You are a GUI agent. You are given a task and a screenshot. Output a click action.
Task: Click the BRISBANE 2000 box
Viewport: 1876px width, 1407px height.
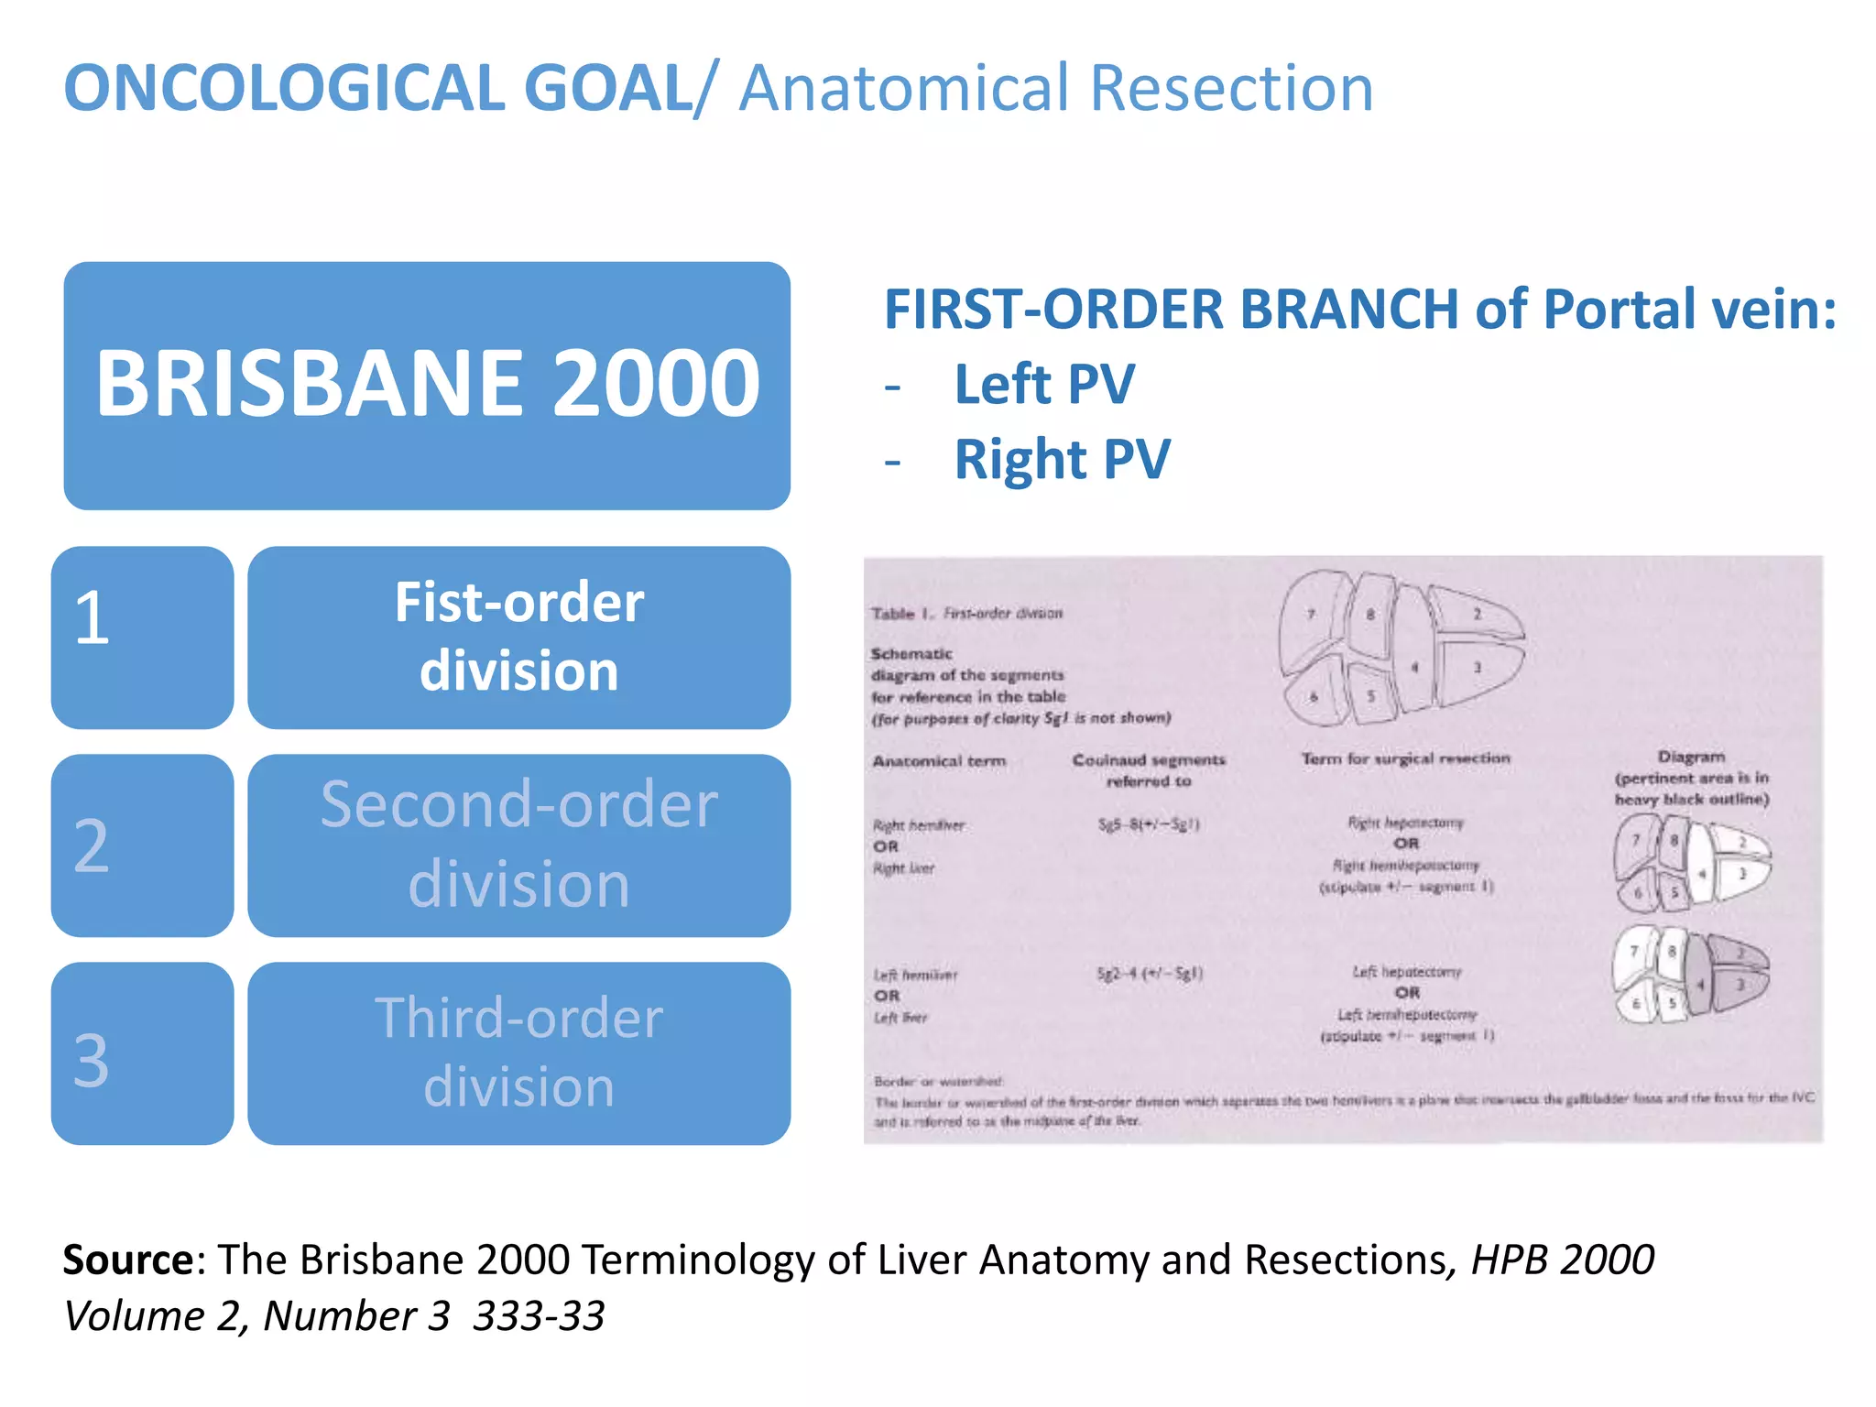click(427, 386)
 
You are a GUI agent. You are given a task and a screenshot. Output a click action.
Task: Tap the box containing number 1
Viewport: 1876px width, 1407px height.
click(142, 638)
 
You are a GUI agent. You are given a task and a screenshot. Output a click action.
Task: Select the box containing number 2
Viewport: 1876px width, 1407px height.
click(142, 845)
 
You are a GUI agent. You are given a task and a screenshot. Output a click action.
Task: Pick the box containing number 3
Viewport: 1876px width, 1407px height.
click(142, 1053)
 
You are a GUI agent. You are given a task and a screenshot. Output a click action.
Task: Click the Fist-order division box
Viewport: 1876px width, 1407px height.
click(518, 638)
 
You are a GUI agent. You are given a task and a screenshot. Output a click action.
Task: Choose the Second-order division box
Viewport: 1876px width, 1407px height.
click(518, 845)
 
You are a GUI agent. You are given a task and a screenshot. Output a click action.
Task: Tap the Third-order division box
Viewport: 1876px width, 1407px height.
click(518, 1053)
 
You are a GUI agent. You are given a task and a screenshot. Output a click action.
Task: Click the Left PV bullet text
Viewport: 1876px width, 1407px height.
click(1044, 384)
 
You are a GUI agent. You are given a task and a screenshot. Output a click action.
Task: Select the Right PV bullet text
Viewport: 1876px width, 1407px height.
click(1062, 459)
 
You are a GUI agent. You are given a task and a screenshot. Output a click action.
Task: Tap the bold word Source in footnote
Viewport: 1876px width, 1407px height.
click(127, 1260)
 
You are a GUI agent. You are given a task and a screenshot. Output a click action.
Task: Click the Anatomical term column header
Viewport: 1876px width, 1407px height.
click(939, 761)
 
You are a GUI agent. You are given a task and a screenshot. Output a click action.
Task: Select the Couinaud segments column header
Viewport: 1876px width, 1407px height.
click(1148, 769)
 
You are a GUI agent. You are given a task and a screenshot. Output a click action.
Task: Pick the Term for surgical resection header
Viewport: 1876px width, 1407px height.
click(1405, 758)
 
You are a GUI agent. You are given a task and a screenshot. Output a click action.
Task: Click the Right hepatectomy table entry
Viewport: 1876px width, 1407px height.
click(1405, 823)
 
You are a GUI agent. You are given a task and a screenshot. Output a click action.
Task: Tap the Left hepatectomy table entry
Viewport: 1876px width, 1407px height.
click(1407, 971)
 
